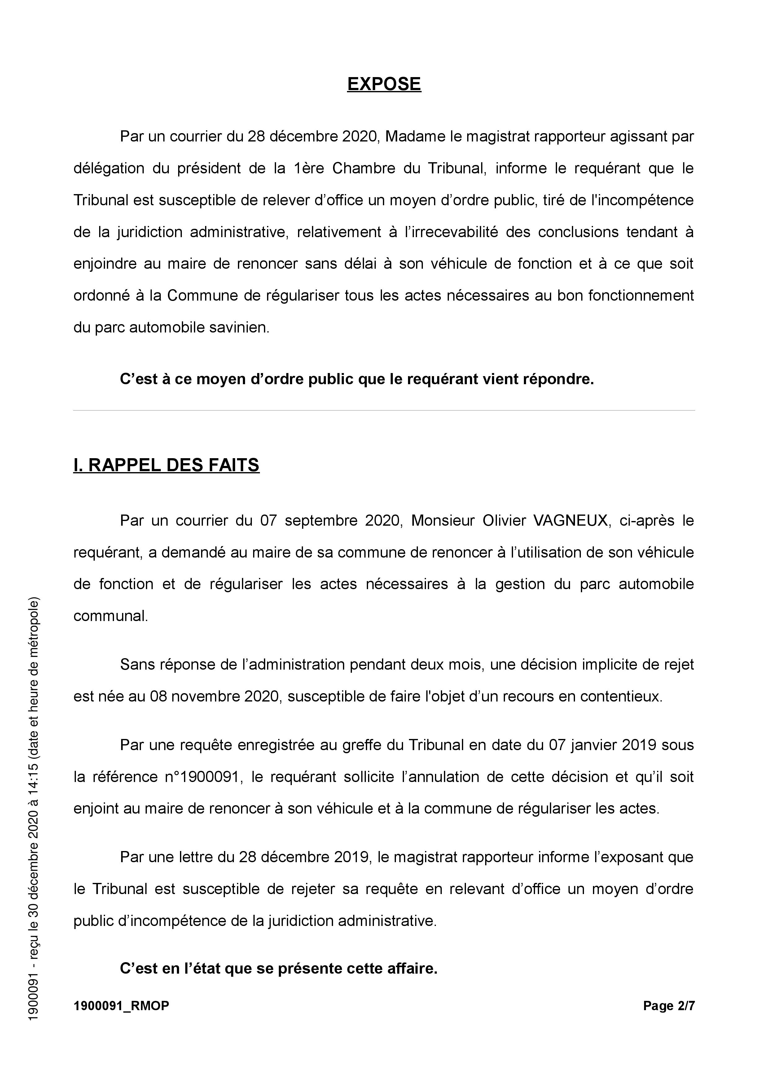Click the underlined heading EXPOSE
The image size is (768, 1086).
(384, 84)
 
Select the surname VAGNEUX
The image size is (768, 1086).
(571, 520)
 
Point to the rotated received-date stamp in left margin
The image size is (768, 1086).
(33, 809)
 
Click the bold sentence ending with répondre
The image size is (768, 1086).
(357, 379)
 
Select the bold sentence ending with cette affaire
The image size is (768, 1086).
(279, 968)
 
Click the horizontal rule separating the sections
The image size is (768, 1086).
(384, 410)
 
